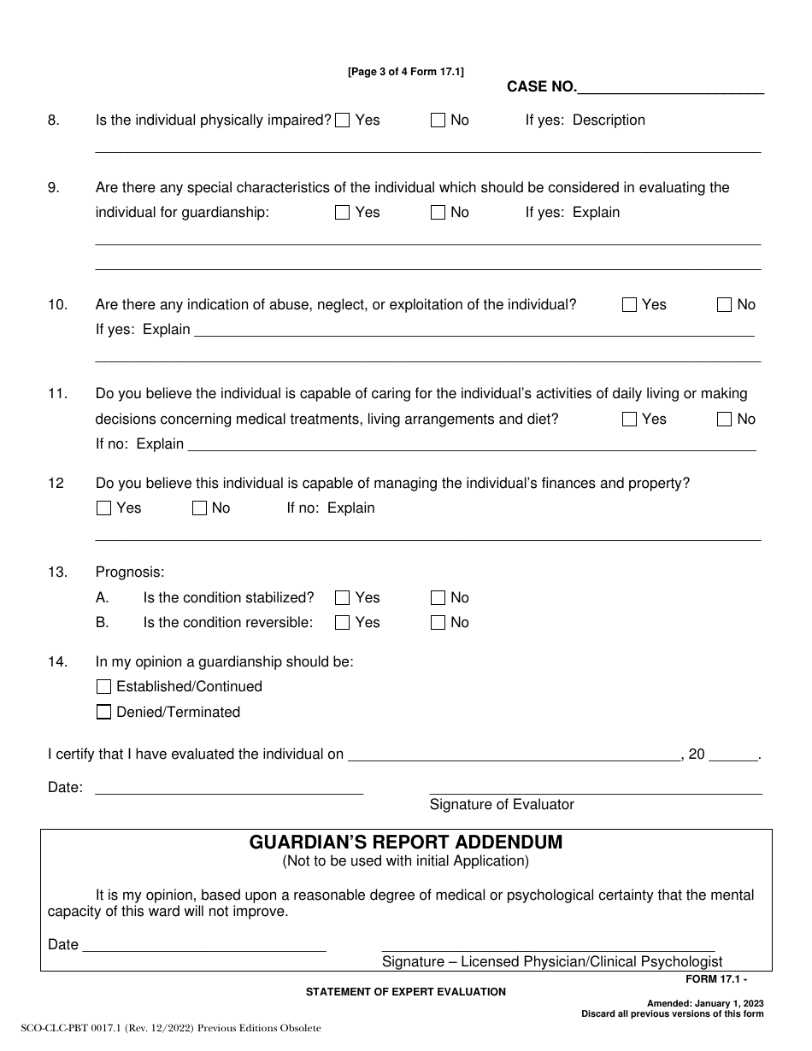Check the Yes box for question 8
click(343, 120)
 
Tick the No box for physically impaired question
click(438, 120)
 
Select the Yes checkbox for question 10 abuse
click(630, 305)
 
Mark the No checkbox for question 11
click(725, 420)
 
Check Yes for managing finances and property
click(104, 508)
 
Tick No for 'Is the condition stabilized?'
click(438, 598)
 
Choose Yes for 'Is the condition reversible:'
click(343, 623)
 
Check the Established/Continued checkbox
click(104, 687)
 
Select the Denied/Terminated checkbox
click(104, 713)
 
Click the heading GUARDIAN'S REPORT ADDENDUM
click(406, 843)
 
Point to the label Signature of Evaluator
click(502, 805)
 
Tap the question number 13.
click(57, 572)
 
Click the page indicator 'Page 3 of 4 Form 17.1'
click(406, 73)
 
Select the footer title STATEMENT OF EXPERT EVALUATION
click(406, 992)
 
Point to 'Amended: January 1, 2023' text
click(704, 1003)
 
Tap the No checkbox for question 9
click(438, 213)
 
